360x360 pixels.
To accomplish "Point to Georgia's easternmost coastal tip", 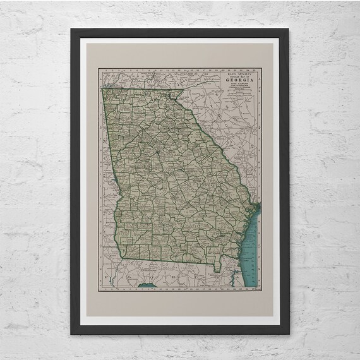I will (253, 208).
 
